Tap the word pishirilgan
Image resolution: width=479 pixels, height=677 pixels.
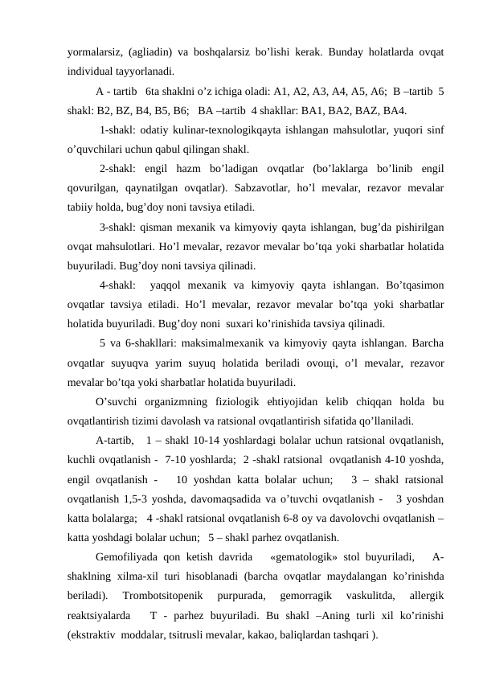coord(419,228)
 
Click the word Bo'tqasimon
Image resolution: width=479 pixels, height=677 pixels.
coord(409,284)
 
